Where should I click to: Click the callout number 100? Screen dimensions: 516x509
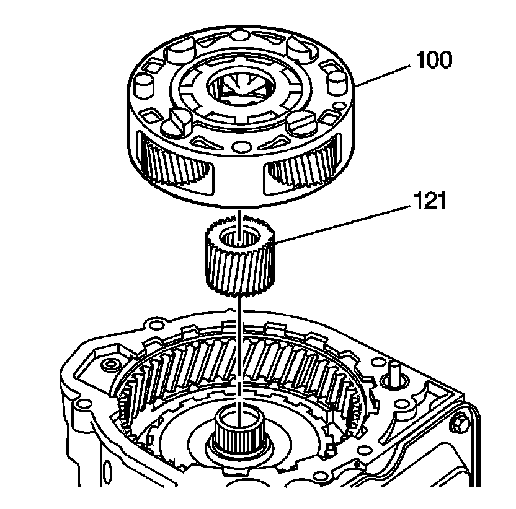(x=434, y=61)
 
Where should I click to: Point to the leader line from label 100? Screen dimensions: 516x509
(x=385, y=74)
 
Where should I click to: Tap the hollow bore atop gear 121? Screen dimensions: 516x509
(x=239, y=237)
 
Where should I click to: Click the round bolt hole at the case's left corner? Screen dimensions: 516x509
(x=112, y=363)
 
